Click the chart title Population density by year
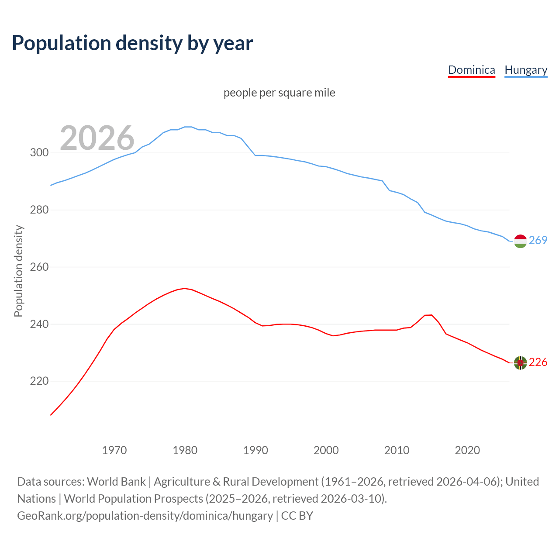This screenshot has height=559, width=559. click(x=132, y=43)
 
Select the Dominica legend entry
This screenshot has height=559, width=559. click(x=471, y=70)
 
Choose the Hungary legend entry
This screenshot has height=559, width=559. click(x=526, y=70)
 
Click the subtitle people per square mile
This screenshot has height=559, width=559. click(x=279, y=93)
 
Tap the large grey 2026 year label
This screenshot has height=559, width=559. click(x=97, y=138)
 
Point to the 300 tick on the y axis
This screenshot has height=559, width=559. click(x=39, y=153)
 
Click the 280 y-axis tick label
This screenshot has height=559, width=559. click(x=39, y=210)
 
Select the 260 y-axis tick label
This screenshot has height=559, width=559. click(x=39, y=267)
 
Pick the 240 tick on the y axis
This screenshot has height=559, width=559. click(x=39, y=324)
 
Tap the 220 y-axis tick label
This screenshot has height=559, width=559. click(x=39, y=381)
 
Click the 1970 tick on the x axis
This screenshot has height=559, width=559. click(x=114, y=450)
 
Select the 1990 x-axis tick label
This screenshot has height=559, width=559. click(x=255, y=450)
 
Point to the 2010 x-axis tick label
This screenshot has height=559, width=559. click(x=397, y=450)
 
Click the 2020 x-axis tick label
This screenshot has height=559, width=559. click(x=467, y=450)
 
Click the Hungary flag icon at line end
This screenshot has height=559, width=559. click(x=520, y=241)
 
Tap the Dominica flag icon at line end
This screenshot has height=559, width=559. click(x=520, y=362)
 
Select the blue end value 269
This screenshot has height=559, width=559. click(x=538, y=240)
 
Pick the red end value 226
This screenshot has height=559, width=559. click(x=538, y=362)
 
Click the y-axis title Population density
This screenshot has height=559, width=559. click(x=18, y=271)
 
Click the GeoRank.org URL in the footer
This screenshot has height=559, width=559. click(x=145, y=516)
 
